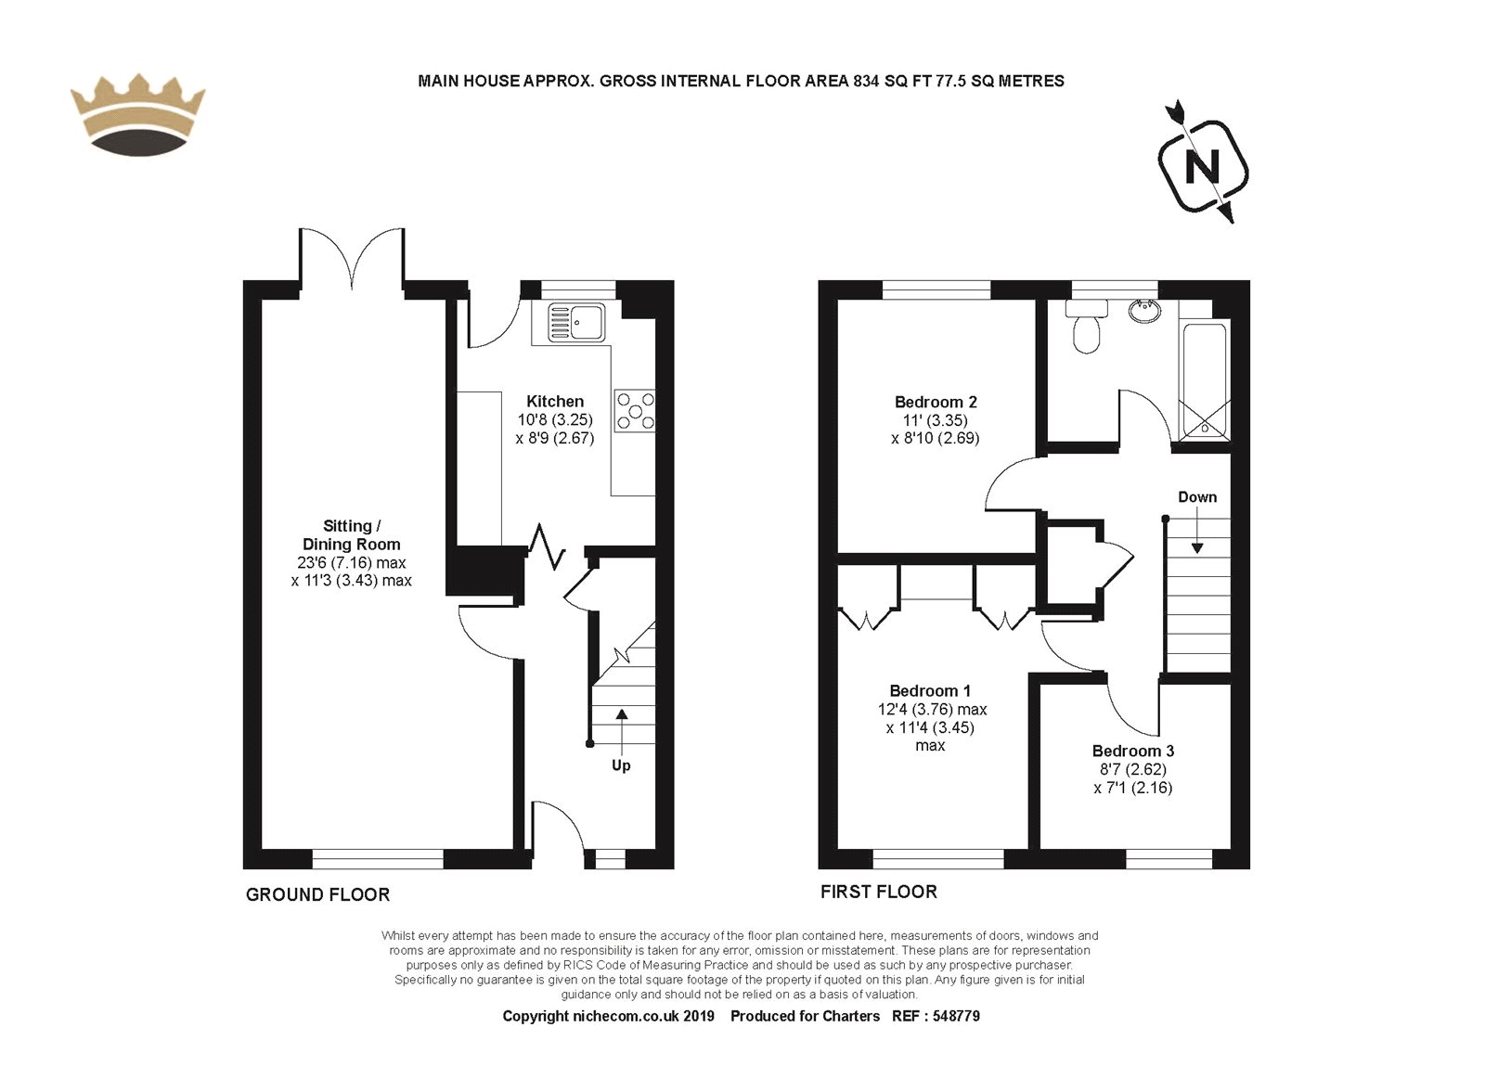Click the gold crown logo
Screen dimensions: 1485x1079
click(x=138, y=115)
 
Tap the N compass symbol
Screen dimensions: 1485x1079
click(x=1203, y=162)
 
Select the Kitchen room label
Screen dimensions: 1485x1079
click(x=555, y=401)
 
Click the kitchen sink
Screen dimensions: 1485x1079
click(x=575, y=321)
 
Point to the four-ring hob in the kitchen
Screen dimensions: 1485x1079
click(x=635, y=411)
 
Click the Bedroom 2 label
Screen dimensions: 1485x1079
click(x=936, y=402)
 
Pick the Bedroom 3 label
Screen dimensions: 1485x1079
click(x=1133, y=751)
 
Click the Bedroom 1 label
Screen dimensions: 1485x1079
click(x=930, y=690)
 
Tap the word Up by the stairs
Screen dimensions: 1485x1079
click(x=621, y=765)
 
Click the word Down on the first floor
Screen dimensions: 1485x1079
click(x=1197, y=497)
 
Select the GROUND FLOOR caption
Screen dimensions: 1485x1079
click(x=317, y=894)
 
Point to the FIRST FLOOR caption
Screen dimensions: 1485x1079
click(x=878, y=893)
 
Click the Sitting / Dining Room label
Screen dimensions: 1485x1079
click(x=352, y=534)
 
